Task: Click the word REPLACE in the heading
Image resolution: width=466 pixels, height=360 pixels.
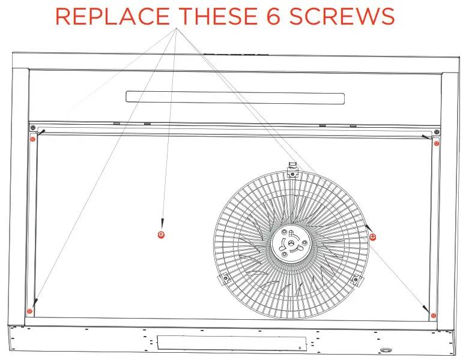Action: tap(107, 16)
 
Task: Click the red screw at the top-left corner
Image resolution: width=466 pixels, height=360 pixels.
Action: tap(33, 139)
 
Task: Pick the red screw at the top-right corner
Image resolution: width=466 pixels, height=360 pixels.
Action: tap(437, 143)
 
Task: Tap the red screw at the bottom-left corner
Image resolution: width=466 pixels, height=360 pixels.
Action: tap(29, 311)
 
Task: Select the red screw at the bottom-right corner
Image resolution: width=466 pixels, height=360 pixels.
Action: tap(434, 315)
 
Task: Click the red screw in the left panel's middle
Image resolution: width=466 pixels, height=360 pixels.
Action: tap(160, 234)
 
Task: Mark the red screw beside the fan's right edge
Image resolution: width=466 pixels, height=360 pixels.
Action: tap(373, 237)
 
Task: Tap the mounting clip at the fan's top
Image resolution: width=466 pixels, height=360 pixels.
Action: tap(292, 169)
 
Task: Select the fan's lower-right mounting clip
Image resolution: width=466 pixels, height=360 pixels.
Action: tap(356, 279)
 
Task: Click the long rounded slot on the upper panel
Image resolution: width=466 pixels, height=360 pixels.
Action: tap(235, 97)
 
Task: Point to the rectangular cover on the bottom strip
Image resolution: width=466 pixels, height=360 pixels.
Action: tap(230, 343)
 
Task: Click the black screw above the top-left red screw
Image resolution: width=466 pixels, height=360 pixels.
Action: tap(32, 128)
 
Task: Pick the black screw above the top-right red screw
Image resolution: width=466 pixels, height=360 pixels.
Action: tap(436, 132)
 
